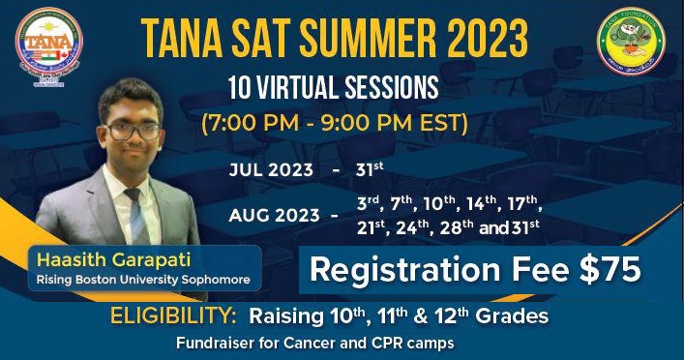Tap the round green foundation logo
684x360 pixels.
click(x=629, y=49)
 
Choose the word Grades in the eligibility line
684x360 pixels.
click(x=512, y=316)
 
